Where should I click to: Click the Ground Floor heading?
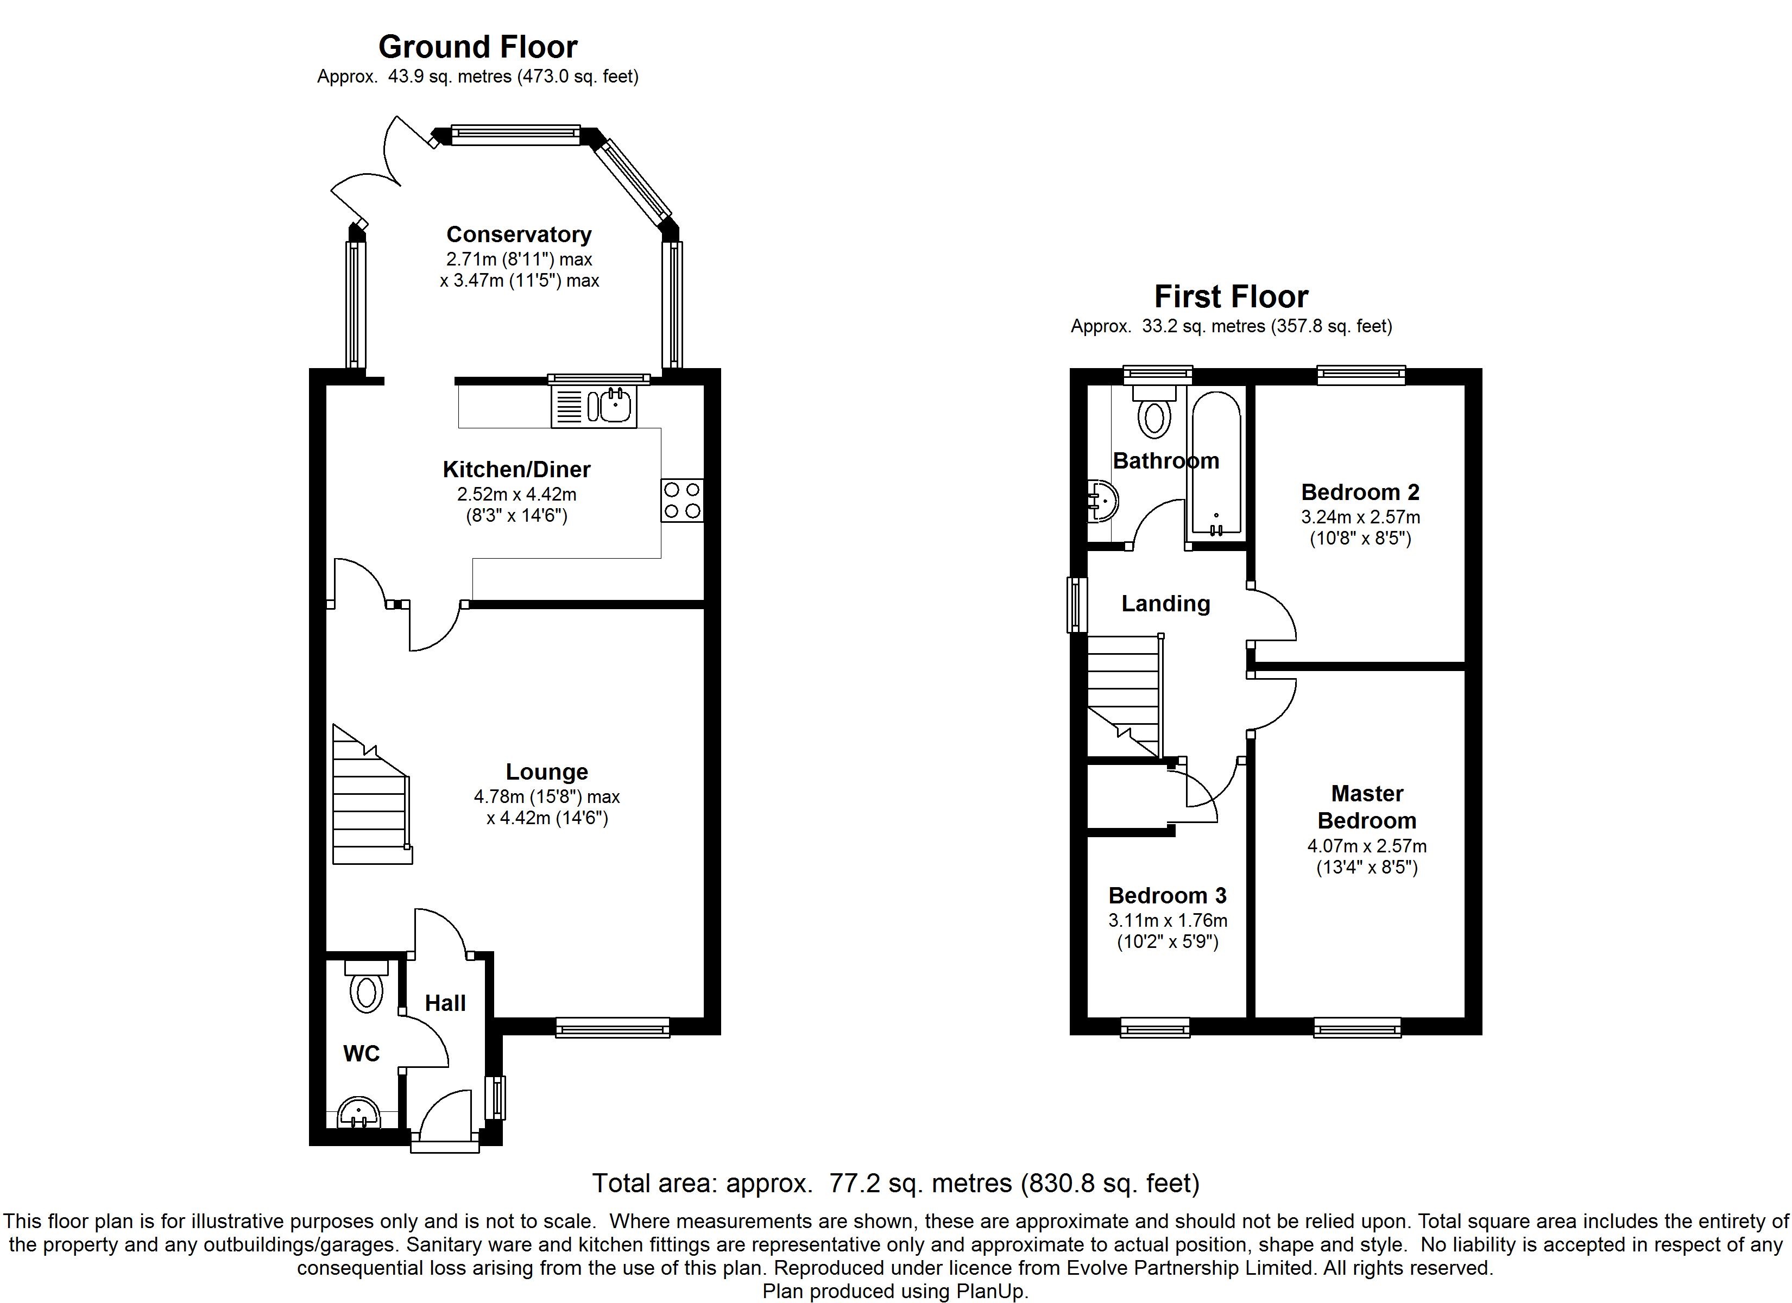point(478,47)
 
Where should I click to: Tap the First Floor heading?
point(1231,297)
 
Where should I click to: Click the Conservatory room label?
point(519,235)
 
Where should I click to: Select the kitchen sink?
point(594,407)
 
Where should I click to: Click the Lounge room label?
point(547,772)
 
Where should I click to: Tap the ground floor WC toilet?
point(366,986)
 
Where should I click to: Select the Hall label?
point(446,1003)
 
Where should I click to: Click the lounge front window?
point(613,1027)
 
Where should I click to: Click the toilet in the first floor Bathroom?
point(1155,411)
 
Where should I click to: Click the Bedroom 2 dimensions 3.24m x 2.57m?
point(1361,517)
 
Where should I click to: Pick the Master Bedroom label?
point(1367,807)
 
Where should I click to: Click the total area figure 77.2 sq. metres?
point(920,1183)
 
